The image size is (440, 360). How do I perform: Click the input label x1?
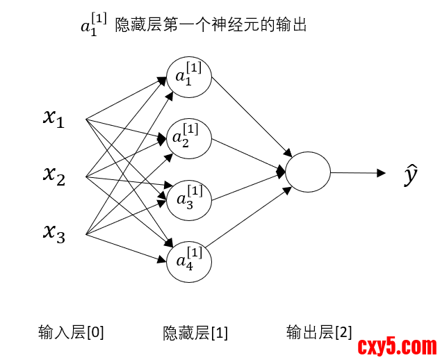coord(54,119)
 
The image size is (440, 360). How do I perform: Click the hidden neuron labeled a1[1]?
coord(188,75)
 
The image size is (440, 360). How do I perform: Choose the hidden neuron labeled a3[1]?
coord(188,199)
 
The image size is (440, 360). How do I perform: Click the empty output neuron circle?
coord(307,171)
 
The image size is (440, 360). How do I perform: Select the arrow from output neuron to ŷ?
coord(357,172)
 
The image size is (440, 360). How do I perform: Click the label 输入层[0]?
coord(71,333)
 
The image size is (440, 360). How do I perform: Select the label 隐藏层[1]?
coord(195,333)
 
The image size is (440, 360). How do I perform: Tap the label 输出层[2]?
coord(319,333)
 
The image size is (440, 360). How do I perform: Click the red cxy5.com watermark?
coord(397,345)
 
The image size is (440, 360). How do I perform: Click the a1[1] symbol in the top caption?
coord(94,25)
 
